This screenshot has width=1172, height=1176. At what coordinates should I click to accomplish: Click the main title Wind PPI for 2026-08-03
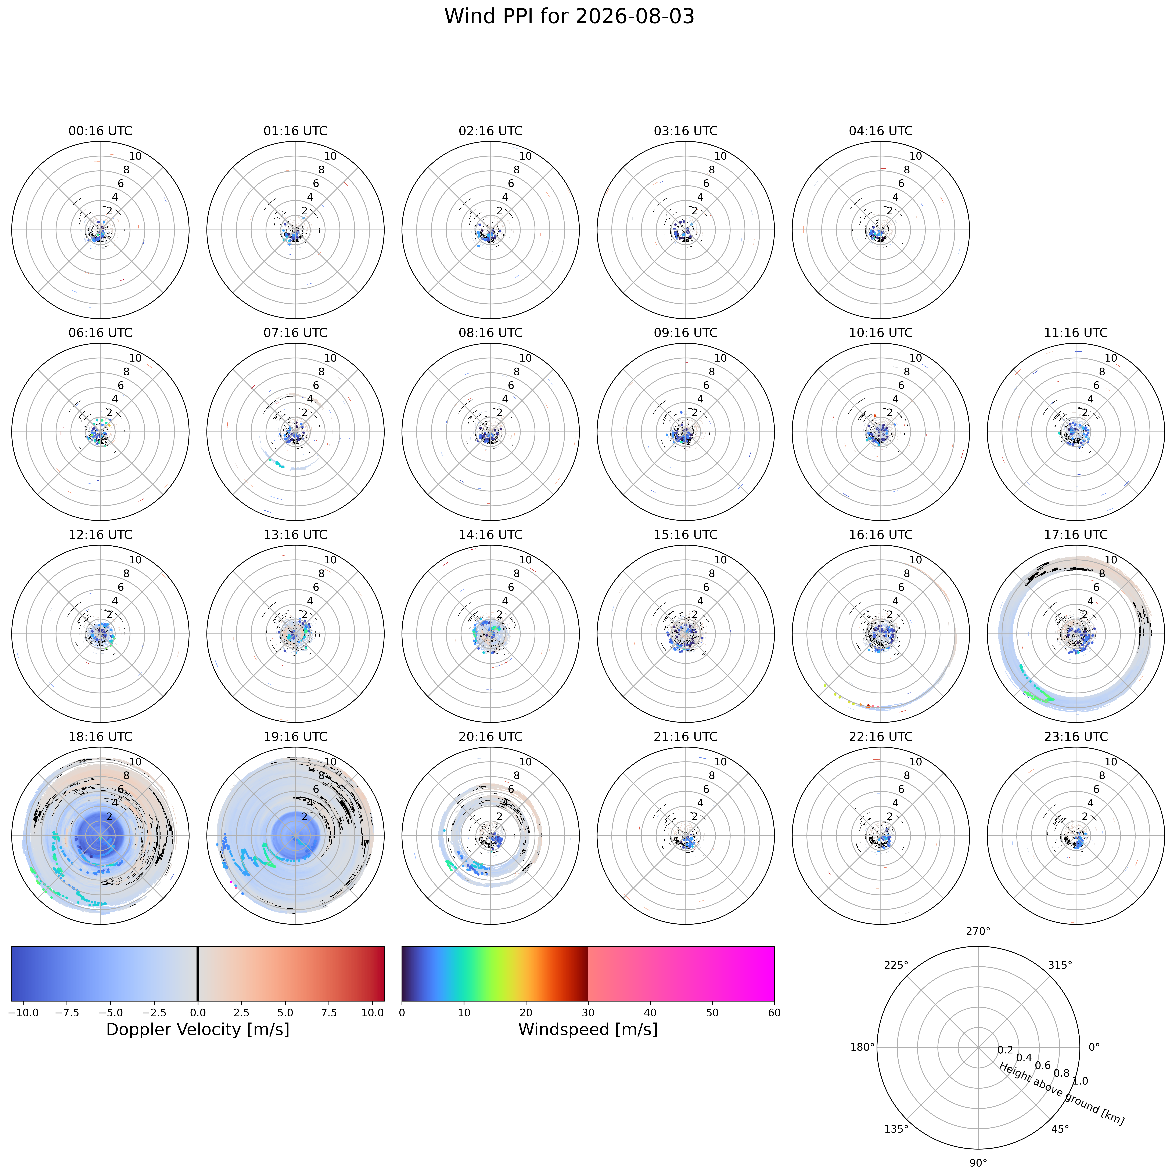coord(569,17)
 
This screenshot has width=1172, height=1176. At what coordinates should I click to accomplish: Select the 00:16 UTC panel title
coord(100,131)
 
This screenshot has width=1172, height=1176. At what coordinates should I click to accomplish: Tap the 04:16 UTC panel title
coord(880,131)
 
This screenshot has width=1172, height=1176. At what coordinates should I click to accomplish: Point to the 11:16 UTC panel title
coord(1076,333)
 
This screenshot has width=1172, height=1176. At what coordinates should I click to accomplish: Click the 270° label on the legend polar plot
coord(978,931)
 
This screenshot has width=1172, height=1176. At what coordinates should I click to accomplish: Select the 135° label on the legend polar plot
coord(896,1129)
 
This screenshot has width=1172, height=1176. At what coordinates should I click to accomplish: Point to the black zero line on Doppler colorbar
coord(198,973)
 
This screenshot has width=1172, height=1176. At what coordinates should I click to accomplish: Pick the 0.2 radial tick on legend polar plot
coord(1005,1050)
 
